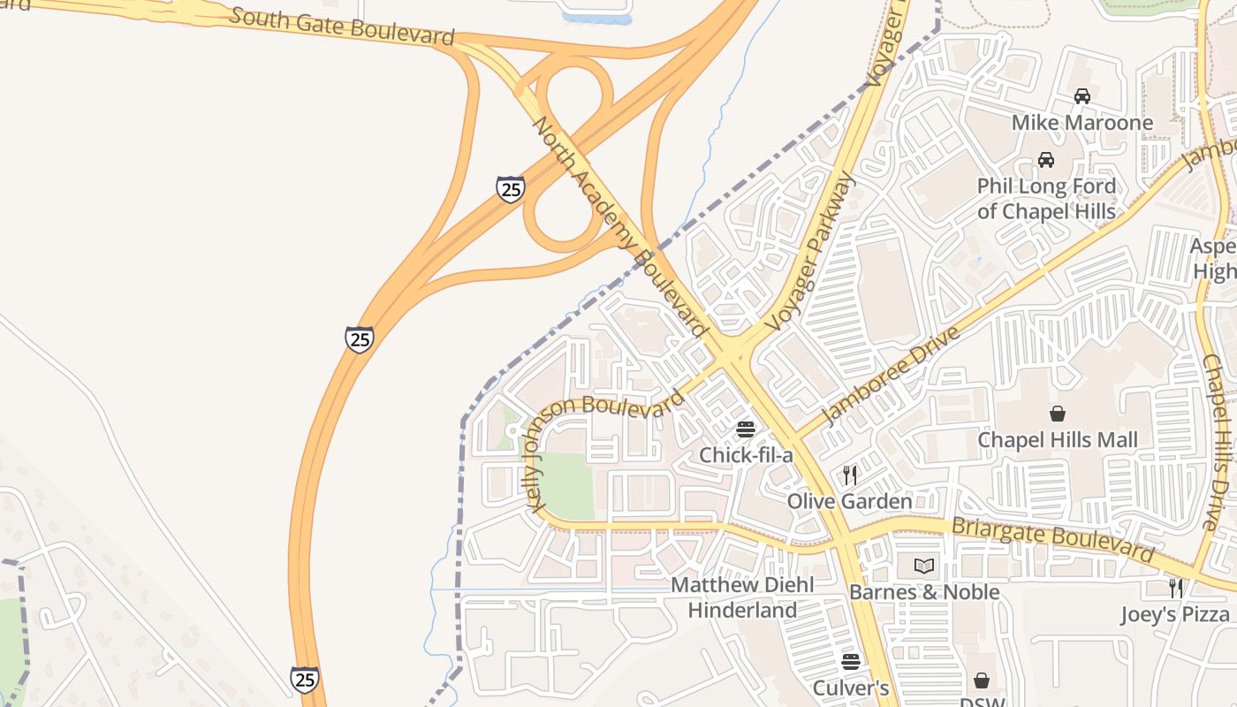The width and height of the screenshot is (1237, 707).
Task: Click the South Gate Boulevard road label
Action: (342, 26)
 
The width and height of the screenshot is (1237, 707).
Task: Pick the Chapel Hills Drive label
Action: (1222, 442)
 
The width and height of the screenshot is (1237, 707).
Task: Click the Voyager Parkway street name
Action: (811, 251)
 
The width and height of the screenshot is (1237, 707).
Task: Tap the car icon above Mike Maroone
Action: (1081, 96)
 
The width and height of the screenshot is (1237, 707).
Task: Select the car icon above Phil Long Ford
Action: (1046, 160)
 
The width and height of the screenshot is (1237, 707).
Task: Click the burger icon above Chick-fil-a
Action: (746, 430)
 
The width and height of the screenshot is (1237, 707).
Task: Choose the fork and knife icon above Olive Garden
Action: (849, 475)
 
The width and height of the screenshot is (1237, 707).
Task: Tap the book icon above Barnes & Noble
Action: (924, 566)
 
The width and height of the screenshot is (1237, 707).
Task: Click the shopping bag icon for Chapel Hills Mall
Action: (1057, 414)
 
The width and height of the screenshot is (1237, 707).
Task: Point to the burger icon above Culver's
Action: (850, 662)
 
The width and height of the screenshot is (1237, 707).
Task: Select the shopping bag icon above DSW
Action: (981, 680)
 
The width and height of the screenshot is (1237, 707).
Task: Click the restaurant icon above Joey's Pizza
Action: (1175, 588)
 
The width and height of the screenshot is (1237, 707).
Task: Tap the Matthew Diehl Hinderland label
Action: (742, 597)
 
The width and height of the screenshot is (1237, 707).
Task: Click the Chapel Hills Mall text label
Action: (1058, 440)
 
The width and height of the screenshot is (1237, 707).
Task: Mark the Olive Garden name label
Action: (849, 502)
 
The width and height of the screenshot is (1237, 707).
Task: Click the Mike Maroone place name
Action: (1081, 123)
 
